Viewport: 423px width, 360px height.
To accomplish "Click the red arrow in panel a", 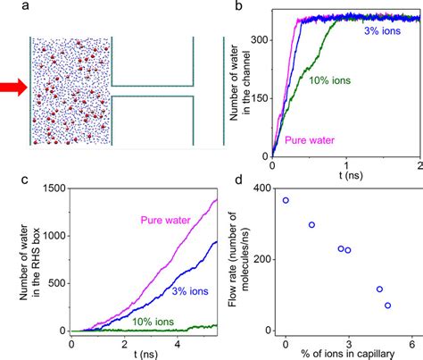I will click(13, 87).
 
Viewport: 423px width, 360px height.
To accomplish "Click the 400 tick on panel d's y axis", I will click(263, 187).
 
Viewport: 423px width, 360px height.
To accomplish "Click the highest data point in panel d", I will click(286, 200).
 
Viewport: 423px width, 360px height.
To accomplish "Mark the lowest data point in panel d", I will click(387, 306).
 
